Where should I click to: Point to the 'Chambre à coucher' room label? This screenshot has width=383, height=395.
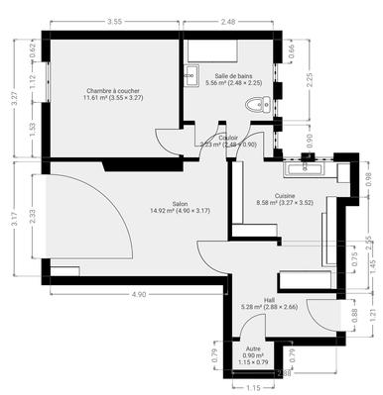pos(115,94)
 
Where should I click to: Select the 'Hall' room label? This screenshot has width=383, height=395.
pos(269,302)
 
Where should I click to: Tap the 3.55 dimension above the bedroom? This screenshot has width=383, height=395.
pos(115,21)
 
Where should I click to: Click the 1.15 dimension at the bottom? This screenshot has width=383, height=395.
pos(253,388)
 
